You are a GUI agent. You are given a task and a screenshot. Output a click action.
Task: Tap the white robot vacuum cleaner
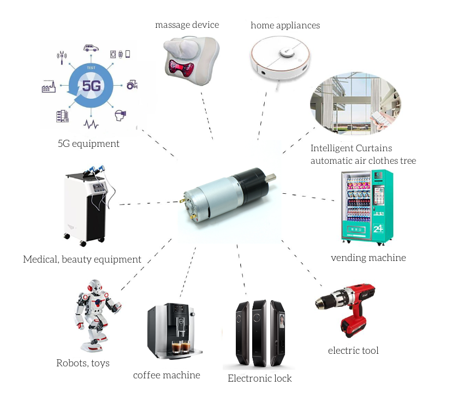point(280,58)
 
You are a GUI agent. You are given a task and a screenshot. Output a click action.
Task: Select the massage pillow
point(191,61)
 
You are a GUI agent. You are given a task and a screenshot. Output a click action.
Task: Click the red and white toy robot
point(97,316)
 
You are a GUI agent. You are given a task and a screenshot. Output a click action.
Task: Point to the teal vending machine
point(367,207)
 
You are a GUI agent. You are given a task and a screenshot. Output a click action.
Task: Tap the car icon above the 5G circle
point(91,48)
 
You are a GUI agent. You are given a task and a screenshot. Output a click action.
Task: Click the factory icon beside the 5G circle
point(49,86)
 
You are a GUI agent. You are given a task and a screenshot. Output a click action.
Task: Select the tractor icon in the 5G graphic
point(132,85)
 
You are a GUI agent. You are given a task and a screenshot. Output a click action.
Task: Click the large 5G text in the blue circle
point(91,86)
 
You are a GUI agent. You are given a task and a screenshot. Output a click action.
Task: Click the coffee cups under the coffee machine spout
point(181,347)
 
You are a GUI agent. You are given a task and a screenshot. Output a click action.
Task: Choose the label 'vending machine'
point(368,258)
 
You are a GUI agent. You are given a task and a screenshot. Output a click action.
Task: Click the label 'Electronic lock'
point(259,378)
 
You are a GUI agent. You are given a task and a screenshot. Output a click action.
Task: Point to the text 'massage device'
point(187,25)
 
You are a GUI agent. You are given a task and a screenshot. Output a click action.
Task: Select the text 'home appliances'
point(285,25)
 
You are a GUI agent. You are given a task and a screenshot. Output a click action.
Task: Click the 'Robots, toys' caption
point(83,363)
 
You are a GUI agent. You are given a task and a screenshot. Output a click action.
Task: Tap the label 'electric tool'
point(353,350)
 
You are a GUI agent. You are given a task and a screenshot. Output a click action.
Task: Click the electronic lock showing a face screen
point(278,333)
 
